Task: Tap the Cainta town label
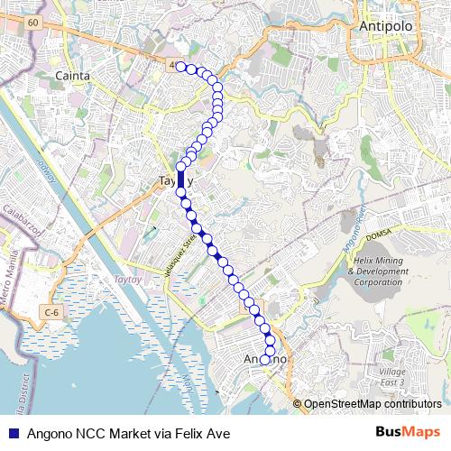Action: point(72,76)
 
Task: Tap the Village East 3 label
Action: point(393,377)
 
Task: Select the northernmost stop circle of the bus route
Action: point(180,67)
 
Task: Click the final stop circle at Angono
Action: point(265,360)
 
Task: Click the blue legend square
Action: point(12,434)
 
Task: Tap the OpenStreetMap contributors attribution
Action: point(372,404)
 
